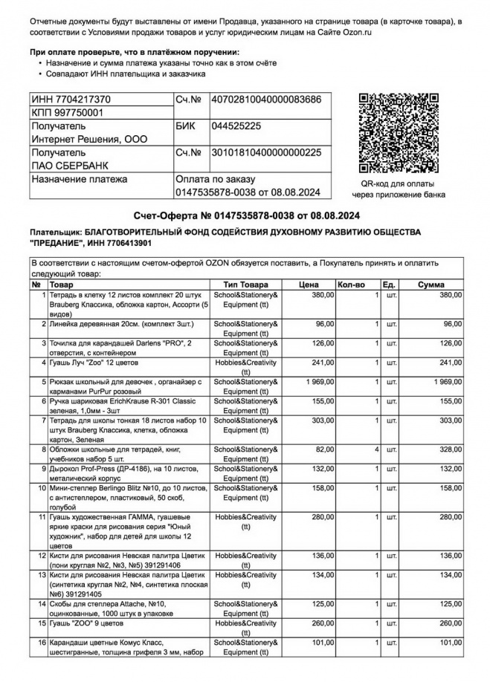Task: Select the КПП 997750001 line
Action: (67, 112)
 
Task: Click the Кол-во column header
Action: (349, 285)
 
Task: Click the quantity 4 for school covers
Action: (377, 449)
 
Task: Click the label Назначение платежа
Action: (79, 179)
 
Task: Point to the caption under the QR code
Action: (399, 189)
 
